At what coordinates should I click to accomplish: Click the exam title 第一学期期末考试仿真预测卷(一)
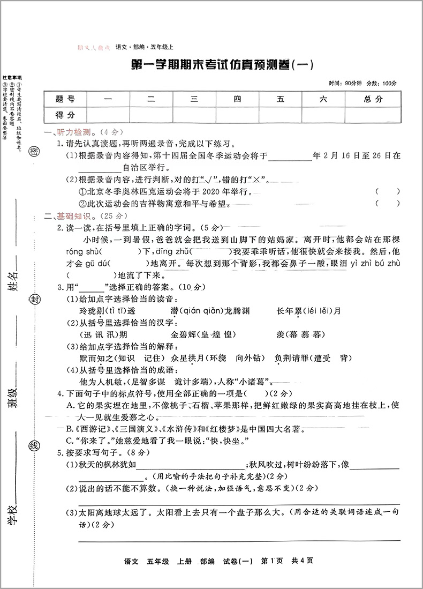click(222, 65)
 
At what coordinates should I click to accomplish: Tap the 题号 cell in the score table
click(65, 99)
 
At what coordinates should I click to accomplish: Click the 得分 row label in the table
click(65, 115)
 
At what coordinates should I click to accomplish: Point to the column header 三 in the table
click(194, 99)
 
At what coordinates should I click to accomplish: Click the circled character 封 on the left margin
click(34, 299)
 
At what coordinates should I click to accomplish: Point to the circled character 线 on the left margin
click(33, 446)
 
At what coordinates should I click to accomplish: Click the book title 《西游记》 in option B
click(95, 429)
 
